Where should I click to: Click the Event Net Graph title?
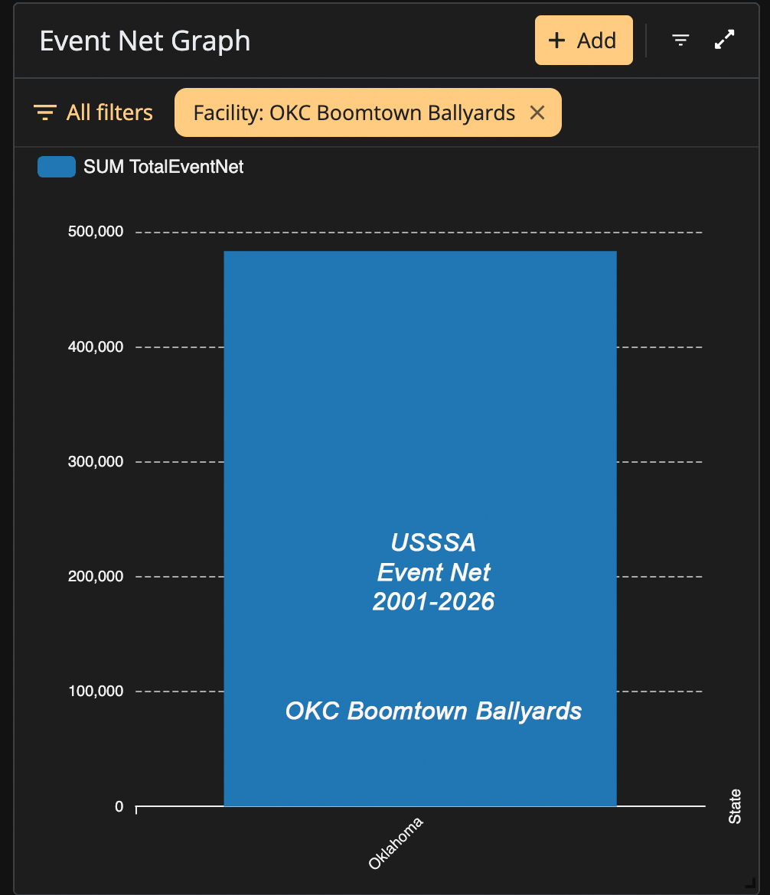click(x=145, y=41)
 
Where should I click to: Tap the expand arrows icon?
click(x=724, y=39)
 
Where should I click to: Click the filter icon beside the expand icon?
click(x=680, y=40)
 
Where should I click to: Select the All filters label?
click(x=109, y=112)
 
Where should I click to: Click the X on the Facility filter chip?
click(x=537, y=112)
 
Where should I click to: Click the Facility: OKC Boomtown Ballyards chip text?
click(x=354, y=113)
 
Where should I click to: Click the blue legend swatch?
click(x=57, y=167)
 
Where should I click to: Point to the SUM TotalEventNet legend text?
click(x=163, y=167)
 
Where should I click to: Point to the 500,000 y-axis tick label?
click(x=96, y=231)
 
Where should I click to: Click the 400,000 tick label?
click(x=96, y=347)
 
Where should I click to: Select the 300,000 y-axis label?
click(x=96, y=461)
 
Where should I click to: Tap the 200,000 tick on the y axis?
click(x=96, y=576)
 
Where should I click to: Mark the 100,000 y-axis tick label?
click(x=96, y=691)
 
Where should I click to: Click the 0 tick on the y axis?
click(x=119, y=806)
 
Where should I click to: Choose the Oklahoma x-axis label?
click(x=395, y=843)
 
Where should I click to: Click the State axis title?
click(x=735, y=806)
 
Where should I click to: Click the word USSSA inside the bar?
click(x=433, y=542)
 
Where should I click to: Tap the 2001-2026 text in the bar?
click(x=433, y=601)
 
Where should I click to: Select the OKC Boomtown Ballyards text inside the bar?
click(x=433, y=711)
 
